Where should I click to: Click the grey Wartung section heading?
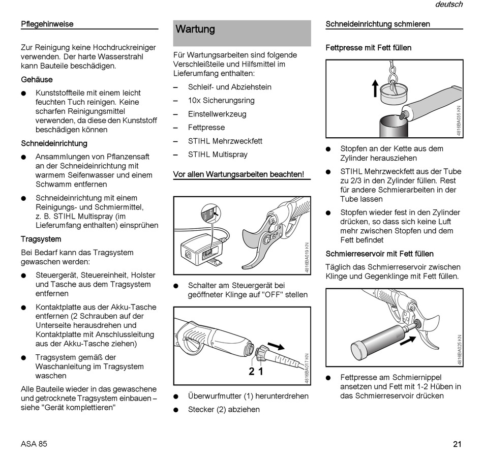(x=195, y=29)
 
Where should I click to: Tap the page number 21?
(x=457, y=444)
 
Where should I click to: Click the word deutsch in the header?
(x=448, y=5)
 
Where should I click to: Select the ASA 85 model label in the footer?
(x=34, y=444)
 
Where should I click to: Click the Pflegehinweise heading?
(x=47, y=24)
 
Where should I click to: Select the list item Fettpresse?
(x=206, y=128)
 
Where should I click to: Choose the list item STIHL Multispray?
(x=218, y=155)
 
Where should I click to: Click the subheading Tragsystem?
(x=41, y=239)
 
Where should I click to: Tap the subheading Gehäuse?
(x=37, y=79)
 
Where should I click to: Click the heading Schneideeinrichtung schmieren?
(x=378, y=24)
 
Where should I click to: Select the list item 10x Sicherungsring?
(x=221, y=101)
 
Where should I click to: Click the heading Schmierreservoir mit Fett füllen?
(x=379, y=254)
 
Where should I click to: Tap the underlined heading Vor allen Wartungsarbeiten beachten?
(x=238, y=174)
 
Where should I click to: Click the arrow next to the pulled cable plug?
(x=276, y=347)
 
